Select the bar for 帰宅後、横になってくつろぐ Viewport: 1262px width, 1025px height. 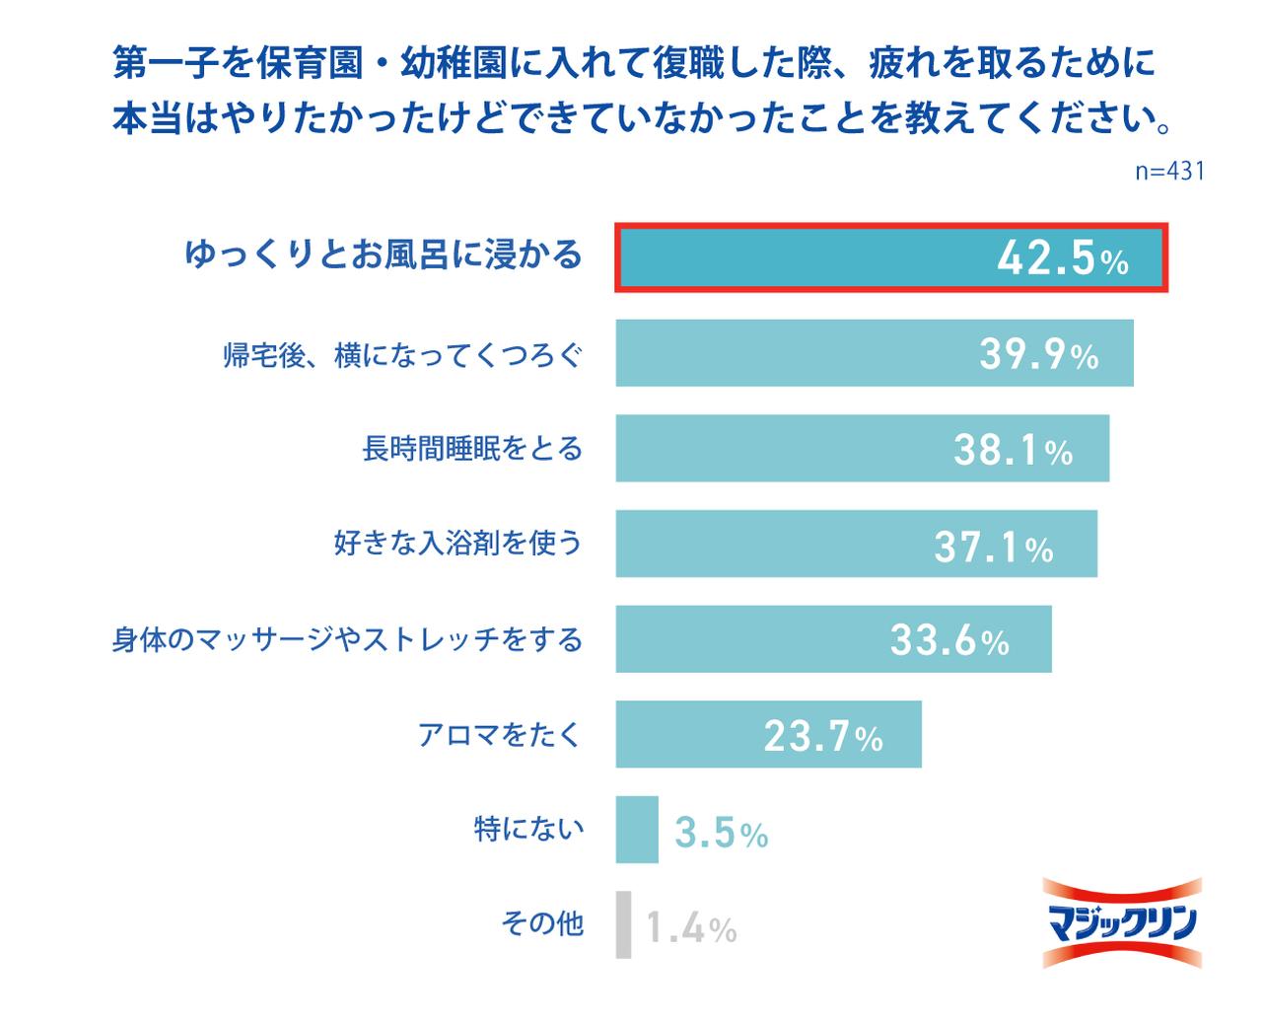coord(789,353)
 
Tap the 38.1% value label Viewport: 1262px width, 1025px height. coord(1013,450)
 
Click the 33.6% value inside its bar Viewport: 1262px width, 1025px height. coord(949,640)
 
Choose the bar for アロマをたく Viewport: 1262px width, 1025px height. coord(690,735)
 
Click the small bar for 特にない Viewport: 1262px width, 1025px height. coord(637,830)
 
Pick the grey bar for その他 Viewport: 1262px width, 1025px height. coord(623,925)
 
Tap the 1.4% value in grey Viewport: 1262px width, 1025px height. coord(691,928)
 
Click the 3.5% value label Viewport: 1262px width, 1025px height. coord(721,834)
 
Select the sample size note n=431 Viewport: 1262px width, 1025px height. coord(1169,171)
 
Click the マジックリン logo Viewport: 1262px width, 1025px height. coord(1122,922)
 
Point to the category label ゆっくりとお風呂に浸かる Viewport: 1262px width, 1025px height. coord(384,256)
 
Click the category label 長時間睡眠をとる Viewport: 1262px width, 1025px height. coord(472,449)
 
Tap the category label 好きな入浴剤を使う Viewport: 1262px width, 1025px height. coord(457,543)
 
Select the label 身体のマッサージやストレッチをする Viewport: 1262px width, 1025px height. coord(347,639)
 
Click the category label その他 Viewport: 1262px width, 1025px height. coord(542,923)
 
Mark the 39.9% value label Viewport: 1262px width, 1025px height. coord(1038,354)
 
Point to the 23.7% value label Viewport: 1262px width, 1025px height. coord(823,736)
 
